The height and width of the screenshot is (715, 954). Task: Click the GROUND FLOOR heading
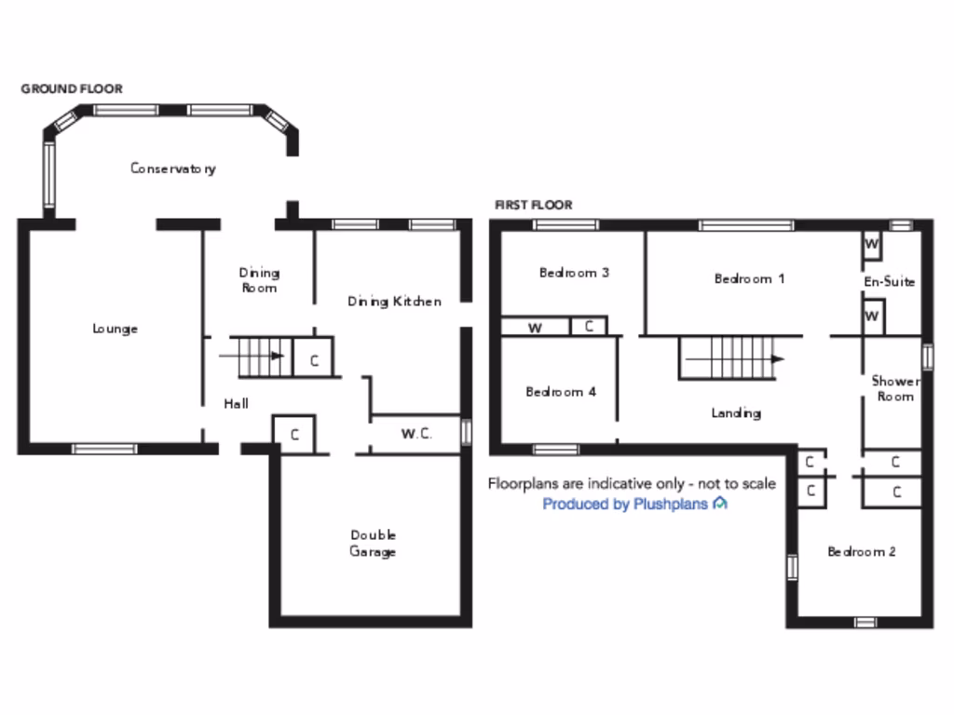[72, 89]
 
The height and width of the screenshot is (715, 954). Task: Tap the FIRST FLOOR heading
[534, 205]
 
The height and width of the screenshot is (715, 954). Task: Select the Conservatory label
[173, 169]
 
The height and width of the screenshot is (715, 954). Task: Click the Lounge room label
[116, 329]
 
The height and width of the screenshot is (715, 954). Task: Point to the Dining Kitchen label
[394, 302]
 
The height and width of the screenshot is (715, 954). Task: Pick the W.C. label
[416, 434]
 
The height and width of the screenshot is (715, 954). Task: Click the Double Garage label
[373, 543]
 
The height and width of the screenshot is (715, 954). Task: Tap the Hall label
[236, 404]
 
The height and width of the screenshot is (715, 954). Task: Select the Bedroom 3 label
[574, 273]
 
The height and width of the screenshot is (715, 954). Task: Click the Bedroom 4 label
[561, 392]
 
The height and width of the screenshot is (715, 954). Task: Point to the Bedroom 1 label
[749, 278]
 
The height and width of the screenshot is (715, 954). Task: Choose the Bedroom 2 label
[862, 552]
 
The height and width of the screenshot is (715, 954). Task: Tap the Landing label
[736, 412]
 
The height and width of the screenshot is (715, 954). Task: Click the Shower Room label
[894, 388]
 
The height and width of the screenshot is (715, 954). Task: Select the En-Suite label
[890, 281]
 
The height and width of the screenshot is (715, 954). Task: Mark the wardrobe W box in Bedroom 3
[536, 328]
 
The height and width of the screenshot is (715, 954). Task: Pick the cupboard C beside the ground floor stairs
[315, 360]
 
